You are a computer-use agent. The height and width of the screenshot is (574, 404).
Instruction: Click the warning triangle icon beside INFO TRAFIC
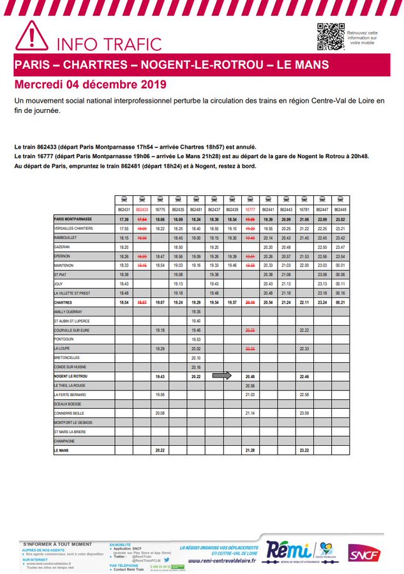[32, 36]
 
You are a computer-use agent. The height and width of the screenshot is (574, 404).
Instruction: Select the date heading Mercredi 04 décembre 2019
[90, 85]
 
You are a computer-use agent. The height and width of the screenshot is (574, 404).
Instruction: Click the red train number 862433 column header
[142, 209]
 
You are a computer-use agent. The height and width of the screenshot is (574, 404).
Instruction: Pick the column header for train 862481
[196, 209]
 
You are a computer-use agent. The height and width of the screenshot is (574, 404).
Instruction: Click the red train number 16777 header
[250, 209]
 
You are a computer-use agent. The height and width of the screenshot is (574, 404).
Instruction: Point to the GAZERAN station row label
[62, 246]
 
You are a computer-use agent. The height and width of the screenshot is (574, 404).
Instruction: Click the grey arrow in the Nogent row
[222, 376]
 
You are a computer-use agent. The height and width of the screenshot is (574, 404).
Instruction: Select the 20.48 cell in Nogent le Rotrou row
[250, 377]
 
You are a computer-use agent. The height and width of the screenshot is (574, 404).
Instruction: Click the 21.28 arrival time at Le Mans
[250, 450]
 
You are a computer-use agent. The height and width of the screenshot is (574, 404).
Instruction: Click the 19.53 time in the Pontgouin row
[196, 339]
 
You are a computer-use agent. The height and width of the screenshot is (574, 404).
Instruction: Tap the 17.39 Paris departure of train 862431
[124, 219]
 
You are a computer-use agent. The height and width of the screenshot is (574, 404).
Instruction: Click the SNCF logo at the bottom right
[363, 554]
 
